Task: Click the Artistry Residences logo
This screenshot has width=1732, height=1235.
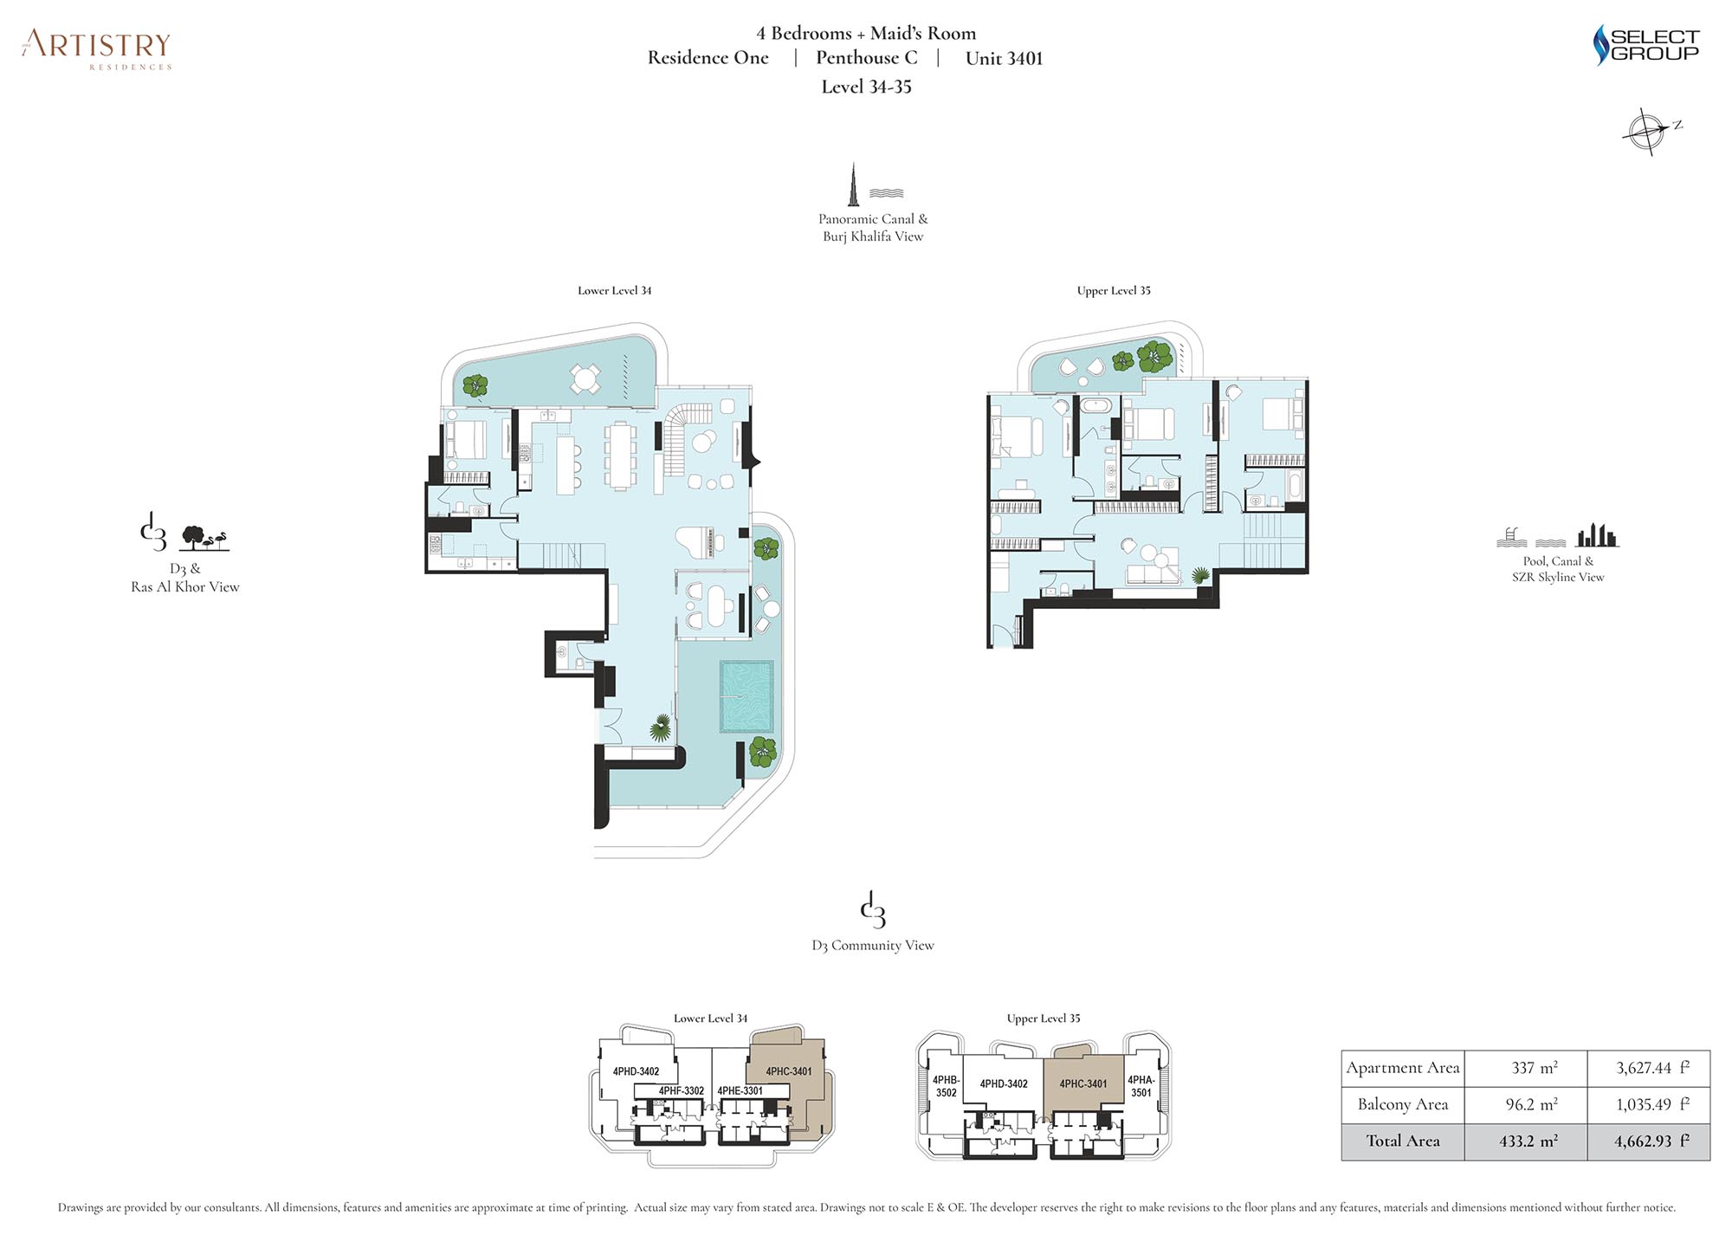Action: pos(97,49)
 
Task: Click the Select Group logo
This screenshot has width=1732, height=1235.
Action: pos(1646,44)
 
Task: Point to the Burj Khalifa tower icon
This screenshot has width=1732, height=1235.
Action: pos(853,184)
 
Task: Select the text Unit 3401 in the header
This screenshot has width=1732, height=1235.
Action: pos(1004,58)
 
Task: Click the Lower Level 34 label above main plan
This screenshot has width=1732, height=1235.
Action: pos(614,290)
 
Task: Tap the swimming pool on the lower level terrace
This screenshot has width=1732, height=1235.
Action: pos(746,696)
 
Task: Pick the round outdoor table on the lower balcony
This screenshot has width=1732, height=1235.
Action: pos(585,378)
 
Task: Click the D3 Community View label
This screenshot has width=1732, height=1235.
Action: pos(873,945)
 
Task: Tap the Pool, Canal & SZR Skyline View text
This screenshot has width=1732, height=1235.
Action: pos(1558,569)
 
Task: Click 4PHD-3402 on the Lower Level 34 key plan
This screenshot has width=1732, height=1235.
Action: pos(636,1071)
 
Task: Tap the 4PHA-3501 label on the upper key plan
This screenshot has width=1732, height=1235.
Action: pos(1141,1086)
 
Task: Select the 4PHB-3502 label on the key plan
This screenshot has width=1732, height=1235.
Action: pos(946,1086)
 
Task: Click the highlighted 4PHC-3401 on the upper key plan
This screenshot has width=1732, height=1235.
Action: pos(1083,1083)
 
